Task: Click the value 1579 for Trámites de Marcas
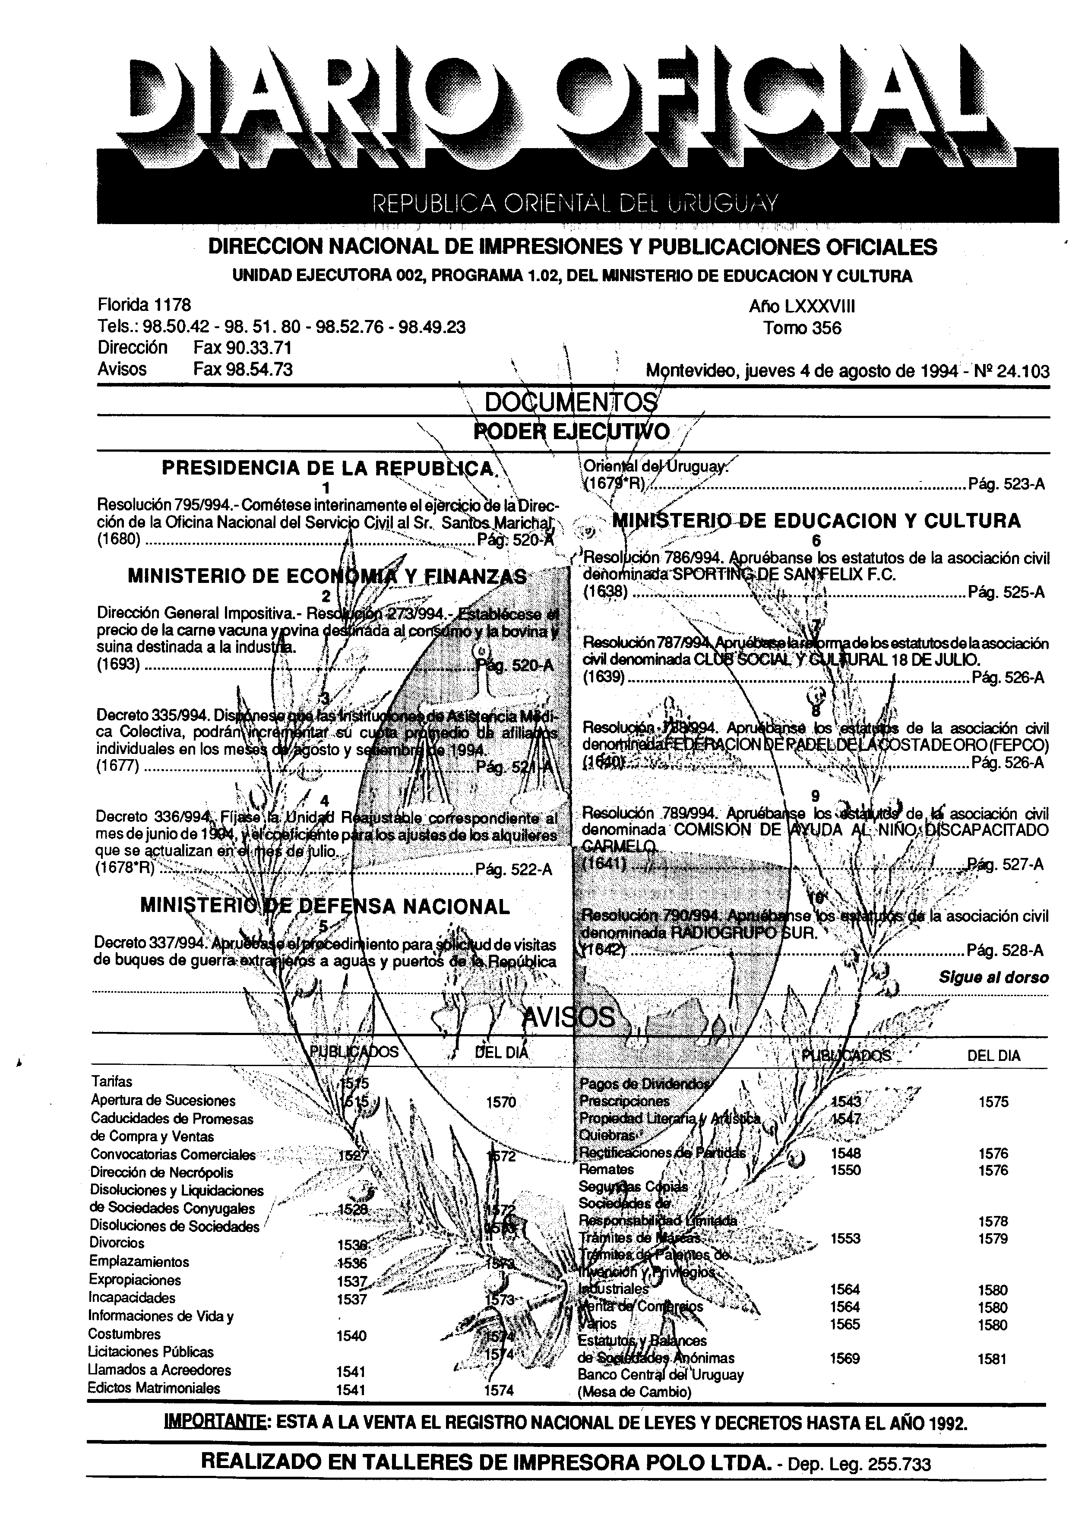tap(993, 1238)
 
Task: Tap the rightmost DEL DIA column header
tap(993, 1056)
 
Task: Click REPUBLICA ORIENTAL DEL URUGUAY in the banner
tap(575, 202)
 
